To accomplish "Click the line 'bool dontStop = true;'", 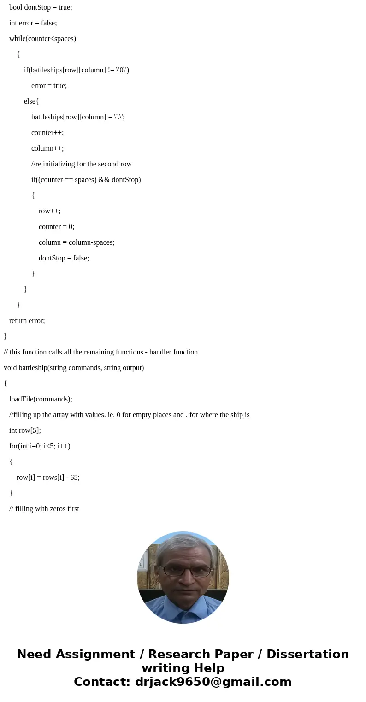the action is [41, 7].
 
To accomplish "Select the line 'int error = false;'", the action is [33, 23].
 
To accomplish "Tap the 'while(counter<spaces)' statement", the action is [42, 39].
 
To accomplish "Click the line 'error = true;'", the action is [49, 86].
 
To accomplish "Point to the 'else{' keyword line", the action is [31, 101].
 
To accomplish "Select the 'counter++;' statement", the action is [47, 133].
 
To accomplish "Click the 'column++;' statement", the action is [47, 148].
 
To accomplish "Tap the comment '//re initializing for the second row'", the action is [82, 164].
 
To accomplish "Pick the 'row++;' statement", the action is [49, 211].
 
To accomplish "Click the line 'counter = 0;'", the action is [56, 227].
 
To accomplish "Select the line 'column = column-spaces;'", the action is [77, 242].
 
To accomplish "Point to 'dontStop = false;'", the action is [64, 258].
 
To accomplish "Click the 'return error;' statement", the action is [27, 321].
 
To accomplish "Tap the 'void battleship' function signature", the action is [74, 368].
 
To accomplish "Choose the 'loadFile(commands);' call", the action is [41, 399].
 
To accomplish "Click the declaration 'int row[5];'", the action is [25, 431].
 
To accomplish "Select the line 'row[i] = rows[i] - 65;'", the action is [48, 478].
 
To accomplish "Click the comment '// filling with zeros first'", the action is [44, 509].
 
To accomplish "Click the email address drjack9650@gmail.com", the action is [213, 682].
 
